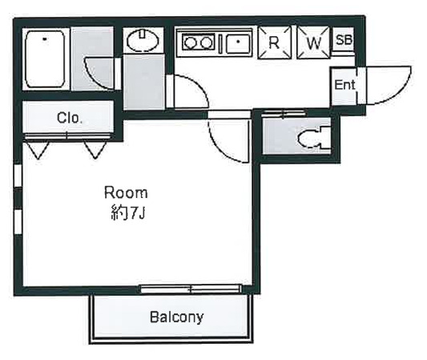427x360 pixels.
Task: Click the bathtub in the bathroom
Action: tap(45, 59)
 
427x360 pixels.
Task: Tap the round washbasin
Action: tap(143, 41)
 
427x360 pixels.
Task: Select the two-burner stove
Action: tap(198, 42)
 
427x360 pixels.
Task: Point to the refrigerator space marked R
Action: tap(275, 42)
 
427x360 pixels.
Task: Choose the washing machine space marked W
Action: tap(313, 42)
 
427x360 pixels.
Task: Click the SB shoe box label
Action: tap(344, 40)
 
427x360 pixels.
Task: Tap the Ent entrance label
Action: tap(344, 85)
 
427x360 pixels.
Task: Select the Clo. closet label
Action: tap(69, 118)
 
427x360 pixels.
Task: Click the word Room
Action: tap(126, 192)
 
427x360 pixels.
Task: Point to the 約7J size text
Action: tap(127, 212)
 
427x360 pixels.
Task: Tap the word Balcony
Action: tap(177, 317)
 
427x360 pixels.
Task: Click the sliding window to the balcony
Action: tap(191, 289)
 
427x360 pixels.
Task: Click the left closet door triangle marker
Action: tap(38, 150)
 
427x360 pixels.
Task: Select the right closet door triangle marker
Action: tap(95, 150)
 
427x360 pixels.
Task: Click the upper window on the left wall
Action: tap(18, 176)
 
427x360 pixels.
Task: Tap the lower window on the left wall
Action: tap(18, 222)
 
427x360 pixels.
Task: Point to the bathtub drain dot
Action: tap(44, 39)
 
